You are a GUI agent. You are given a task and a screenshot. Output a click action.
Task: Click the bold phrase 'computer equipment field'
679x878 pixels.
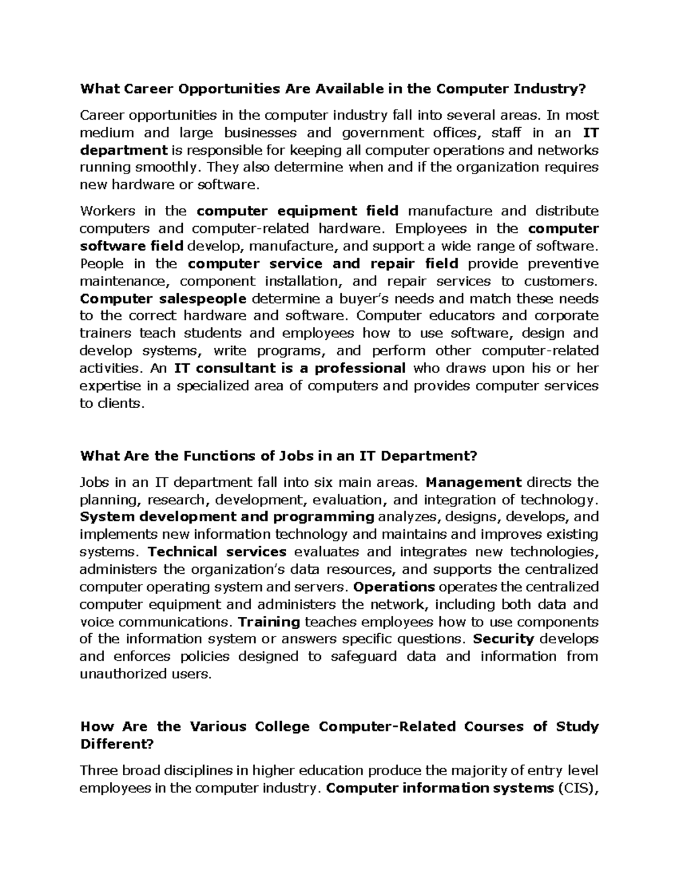click(x=298, y=211)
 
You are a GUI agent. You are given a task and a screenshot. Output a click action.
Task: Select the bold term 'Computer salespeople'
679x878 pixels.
click(x=163, y=299)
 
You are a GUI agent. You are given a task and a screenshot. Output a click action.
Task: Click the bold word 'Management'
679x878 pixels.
click(x=473, y=482)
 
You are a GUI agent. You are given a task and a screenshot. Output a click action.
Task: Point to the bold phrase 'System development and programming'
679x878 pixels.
click(x=227, y=517)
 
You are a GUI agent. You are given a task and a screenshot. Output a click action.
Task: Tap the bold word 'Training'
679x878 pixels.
click(x=269, y=622)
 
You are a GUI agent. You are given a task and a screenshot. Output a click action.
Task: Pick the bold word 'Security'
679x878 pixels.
click(x=504, y=639)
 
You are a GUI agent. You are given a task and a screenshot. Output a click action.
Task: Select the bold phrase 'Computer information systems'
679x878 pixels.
click(x=439, y=788)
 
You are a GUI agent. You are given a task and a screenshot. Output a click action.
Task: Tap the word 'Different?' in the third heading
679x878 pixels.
click(x=117, y=744)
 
